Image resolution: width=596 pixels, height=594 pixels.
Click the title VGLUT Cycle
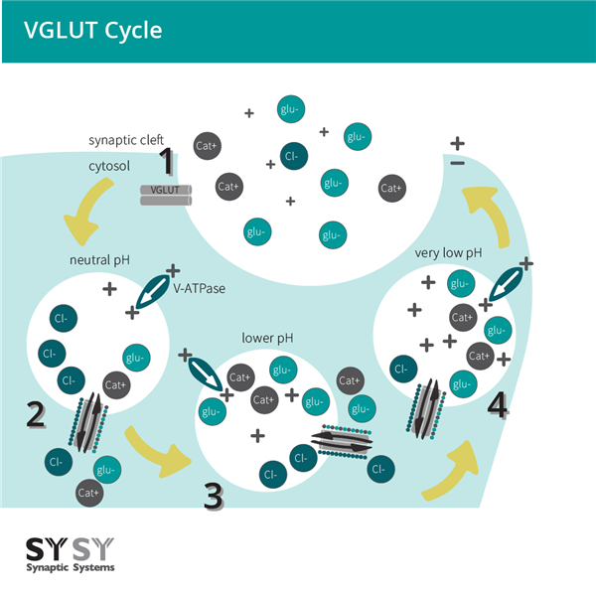93,30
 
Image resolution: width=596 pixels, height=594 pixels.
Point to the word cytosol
109,167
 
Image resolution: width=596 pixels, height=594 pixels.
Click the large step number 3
213,495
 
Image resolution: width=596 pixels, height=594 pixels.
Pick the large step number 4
498,405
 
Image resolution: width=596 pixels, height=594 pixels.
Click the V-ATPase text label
199,290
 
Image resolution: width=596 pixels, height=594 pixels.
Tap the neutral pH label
99,260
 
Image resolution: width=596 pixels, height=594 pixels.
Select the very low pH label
448,253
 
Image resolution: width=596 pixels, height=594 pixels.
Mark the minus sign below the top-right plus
457,163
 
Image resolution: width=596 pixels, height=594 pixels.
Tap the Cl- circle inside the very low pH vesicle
402,369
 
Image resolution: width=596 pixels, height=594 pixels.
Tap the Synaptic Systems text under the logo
69,567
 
